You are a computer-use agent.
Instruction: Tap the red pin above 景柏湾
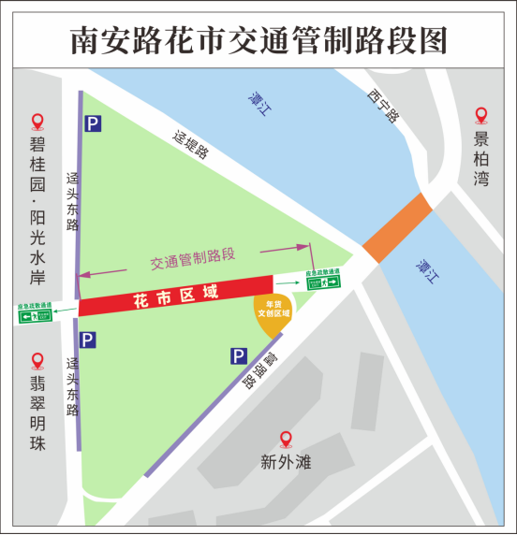tap(481, 116)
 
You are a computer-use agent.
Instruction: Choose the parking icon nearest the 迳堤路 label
tap(91, 123)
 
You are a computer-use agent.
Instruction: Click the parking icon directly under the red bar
tap(87, 340)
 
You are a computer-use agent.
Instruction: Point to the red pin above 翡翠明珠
tap(37, 360)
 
